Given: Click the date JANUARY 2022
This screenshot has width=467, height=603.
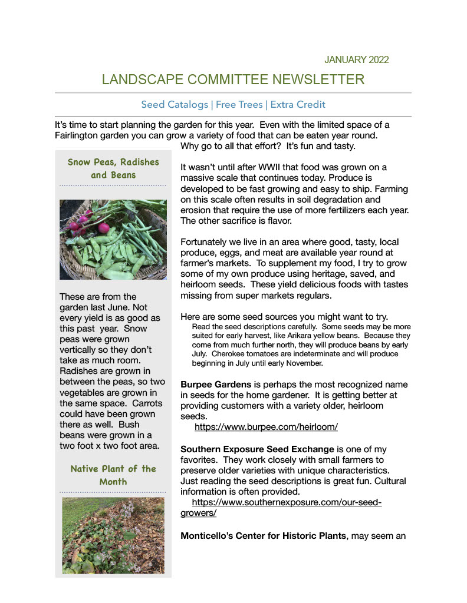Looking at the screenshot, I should (x=356, y=59).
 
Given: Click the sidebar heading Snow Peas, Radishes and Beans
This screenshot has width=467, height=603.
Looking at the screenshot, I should (x=113, y=168).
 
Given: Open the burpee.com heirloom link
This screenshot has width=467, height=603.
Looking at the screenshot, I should (x=265, y=426).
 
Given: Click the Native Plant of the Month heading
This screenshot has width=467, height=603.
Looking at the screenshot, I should (x=113, y=475).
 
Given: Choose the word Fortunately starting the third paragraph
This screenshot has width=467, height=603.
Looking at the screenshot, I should (x=208, y=242).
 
